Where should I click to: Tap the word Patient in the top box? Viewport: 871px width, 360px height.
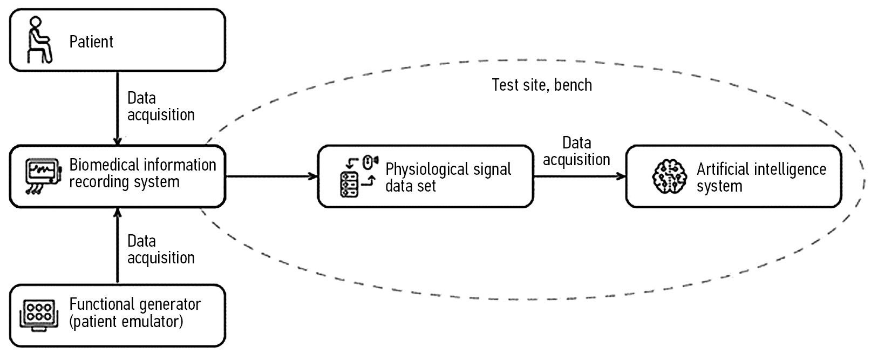(91, 42)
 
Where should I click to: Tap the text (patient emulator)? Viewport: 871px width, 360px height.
(126, 322)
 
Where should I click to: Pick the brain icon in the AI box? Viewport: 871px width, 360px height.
(669, 176)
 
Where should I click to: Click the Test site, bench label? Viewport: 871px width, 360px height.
(542, 85)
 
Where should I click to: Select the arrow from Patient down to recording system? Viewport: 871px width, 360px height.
(118, 108)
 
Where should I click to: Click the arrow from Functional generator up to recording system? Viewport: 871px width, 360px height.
(118, 246)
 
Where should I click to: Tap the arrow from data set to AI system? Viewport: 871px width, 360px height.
(579, 176)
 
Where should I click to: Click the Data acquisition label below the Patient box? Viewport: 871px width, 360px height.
(160, 106)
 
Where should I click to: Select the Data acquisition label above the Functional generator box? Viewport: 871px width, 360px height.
(160, 249)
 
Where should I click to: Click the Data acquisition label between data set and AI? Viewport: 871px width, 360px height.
(576, 151)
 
